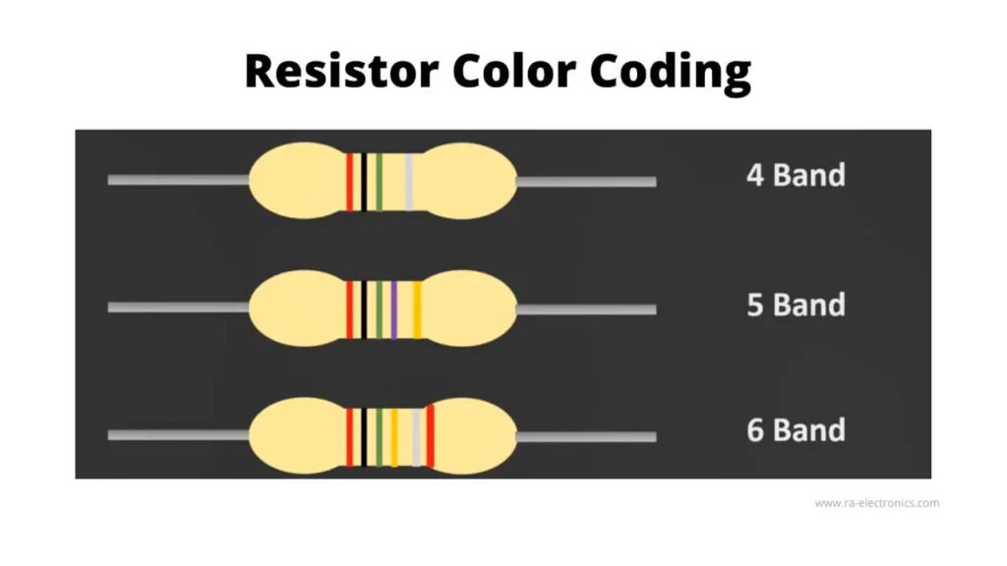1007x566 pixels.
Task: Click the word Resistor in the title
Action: [341, 70]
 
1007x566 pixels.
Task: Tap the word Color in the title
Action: [513, 70]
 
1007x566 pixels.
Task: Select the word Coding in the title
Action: [671, 73]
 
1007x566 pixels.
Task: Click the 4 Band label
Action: [796, 175]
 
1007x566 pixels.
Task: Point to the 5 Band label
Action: [796, 305]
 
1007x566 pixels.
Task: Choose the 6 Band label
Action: [796, 430]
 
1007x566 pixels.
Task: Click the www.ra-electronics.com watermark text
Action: [876, 503]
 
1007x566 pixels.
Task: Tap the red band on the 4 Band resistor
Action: [350, 182]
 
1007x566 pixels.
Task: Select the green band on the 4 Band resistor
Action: [379, 182]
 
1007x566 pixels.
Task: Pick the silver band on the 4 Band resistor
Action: [408, 182]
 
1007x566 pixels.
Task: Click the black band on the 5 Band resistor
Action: [364, 310]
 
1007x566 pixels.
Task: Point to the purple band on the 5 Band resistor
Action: [393, 310]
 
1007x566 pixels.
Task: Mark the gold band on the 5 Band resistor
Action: [417, 310]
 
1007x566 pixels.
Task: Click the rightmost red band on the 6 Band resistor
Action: [431, 436]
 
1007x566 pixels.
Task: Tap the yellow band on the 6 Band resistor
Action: [393, 437]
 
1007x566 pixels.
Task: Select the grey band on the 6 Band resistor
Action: [416, 437]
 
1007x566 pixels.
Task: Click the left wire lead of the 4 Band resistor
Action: [179, 180]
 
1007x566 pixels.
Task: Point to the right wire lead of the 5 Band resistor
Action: [586, 310]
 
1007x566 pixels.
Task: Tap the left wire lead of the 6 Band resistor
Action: [179, 435]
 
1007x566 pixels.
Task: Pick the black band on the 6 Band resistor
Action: [364, 437]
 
